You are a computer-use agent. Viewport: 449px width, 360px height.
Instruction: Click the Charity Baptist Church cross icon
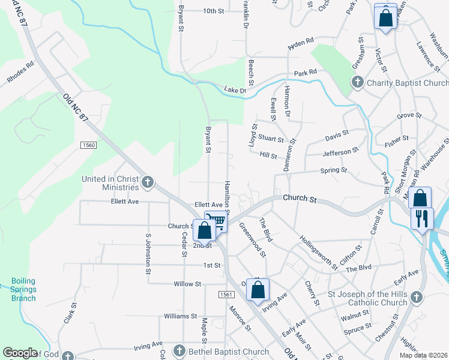357,82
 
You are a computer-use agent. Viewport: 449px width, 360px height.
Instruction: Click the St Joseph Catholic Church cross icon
416,297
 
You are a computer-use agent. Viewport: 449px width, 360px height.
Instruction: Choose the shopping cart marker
217,221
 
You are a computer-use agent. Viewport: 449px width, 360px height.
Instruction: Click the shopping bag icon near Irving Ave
258,290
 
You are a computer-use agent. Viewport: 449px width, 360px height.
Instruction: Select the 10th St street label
213,11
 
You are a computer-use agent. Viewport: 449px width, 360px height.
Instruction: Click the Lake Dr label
235,90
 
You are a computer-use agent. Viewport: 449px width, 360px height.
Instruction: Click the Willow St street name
187,283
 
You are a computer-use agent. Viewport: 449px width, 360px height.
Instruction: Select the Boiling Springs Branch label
23,289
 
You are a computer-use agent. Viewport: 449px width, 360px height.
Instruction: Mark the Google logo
20,353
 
